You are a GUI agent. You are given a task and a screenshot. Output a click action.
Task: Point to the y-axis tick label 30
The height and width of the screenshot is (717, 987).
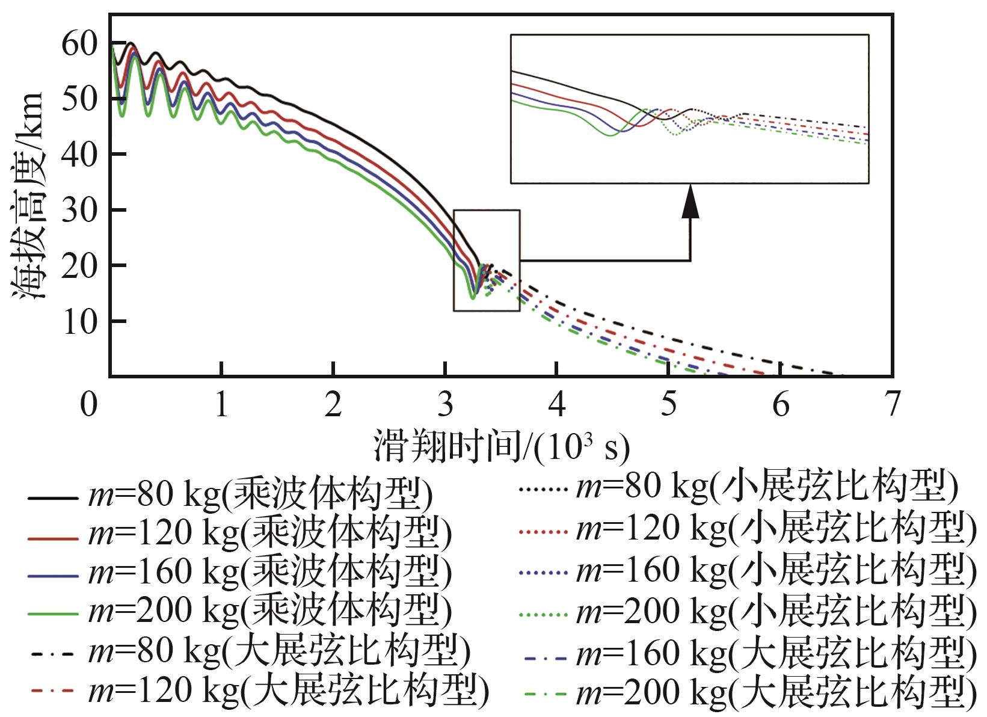pos(79,210)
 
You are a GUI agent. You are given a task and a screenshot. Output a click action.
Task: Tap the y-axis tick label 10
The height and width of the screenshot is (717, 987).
pos(79,321)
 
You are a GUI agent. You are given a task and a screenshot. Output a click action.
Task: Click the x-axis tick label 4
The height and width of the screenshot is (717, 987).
pos(558,404)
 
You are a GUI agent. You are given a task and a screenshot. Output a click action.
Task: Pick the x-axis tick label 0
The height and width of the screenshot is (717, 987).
pos(89,404)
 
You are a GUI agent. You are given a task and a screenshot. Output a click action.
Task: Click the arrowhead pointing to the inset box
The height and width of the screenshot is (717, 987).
pos(690,202)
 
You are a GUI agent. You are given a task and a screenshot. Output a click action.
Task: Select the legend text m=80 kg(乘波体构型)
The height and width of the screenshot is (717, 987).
pos(260,497)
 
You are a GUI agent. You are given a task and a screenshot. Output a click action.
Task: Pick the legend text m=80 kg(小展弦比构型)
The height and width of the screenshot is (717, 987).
pos(766,487)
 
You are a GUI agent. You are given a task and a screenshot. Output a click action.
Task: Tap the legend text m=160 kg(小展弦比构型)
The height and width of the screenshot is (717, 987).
pos(776,569)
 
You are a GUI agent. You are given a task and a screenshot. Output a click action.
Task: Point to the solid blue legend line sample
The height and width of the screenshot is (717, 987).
pos(53,576)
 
